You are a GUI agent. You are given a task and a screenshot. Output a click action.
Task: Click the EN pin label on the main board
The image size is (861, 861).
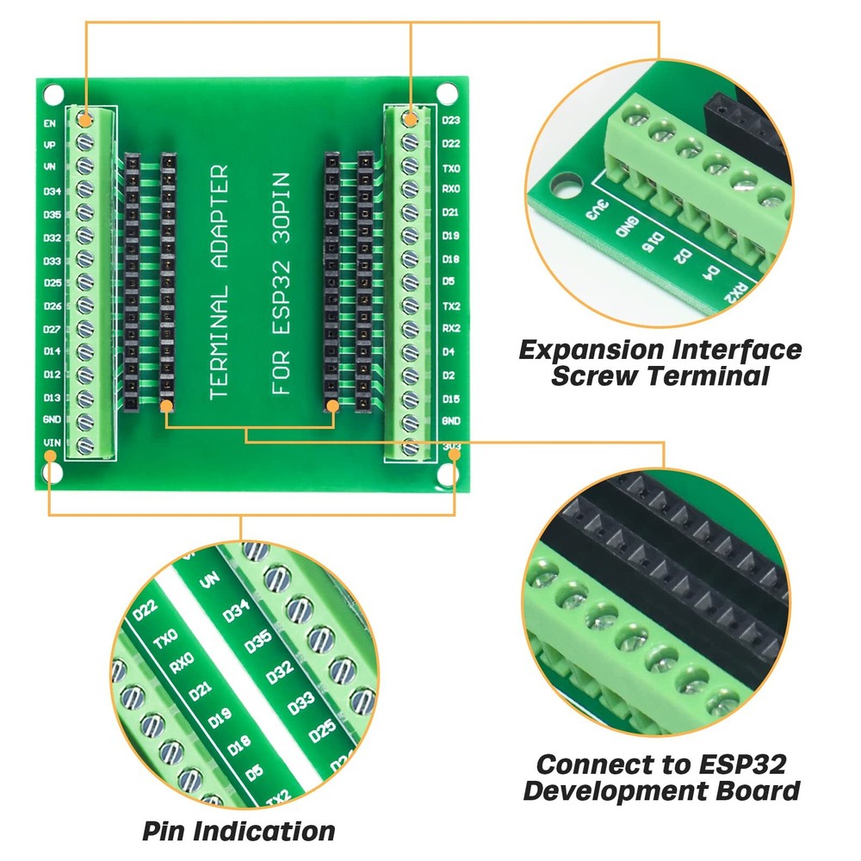click(50, 123)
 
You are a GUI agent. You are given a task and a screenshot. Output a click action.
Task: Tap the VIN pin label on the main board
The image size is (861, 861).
click(51, 443)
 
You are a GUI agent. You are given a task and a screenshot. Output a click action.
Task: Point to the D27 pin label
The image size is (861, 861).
click(52, 328)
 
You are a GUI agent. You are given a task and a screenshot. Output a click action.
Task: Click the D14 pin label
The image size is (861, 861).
click(52, 351)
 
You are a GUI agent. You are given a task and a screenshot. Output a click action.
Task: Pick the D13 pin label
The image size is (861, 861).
click(52, 397)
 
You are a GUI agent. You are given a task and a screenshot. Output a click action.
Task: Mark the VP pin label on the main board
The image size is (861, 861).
click(50, 146)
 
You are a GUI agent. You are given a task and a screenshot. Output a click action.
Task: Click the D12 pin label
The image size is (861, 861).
click(52, 375)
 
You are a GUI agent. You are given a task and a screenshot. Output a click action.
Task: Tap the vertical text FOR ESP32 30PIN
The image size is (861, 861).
click(282, 284)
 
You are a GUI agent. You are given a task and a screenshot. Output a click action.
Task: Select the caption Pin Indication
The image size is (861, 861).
click(238, 831)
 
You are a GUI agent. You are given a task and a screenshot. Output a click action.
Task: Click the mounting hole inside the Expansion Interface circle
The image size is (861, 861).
click(564, 183)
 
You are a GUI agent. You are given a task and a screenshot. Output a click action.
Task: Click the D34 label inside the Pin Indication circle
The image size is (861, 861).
click(235, 612)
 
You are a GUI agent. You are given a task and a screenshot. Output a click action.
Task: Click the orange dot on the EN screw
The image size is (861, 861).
click(84, 116)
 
